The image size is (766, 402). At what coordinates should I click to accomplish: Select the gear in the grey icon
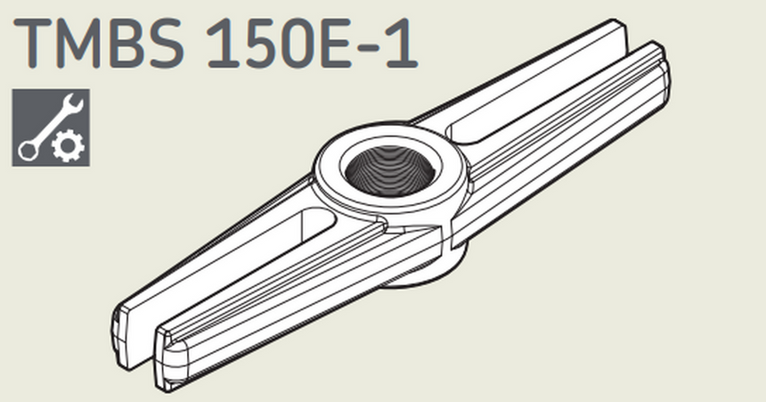coord(65,148)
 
